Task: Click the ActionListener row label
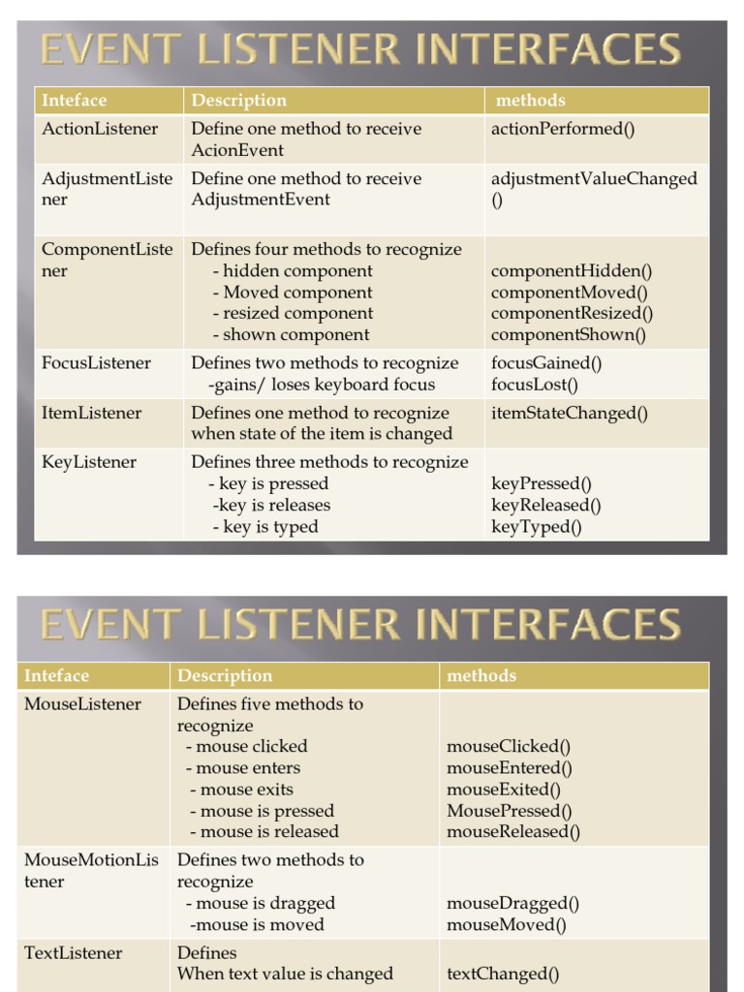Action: point(100,128)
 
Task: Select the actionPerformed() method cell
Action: point(563,128)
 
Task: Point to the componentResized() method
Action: point(572,313)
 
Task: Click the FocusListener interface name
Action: point(97,363)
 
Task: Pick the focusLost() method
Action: point(535,385)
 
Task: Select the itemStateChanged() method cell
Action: point(570,413)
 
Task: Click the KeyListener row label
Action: point(89,462)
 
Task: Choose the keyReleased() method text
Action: point(546,505)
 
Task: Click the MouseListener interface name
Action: point(83,704)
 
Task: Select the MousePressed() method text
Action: point(510,811)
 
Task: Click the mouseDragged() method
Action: point(512,903)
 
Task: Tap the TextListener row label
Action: point(74,953)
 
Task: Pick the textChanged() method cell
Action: point(503,975)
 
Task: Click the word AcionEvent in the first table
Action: point(237,150)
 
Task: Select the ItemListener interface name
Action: point(91,413)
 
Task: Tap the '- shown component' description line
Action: point(291,335)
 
